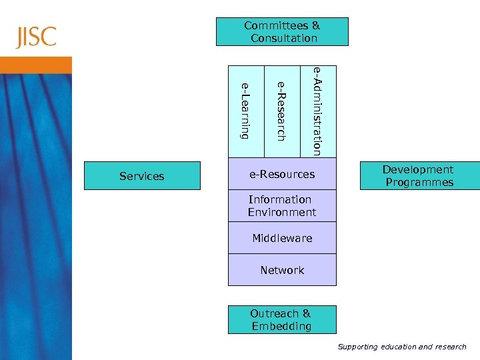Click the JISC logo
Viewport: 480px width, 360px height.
coord(37,37)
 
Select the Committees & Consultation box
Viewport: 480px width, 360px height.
coord(282,31)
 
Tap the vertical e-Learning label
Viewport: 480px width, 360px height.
coord(245,111)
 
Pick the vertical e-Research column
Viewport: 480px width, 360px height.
coord(282,111)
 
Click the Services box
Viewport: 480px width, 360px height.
coord(141,176)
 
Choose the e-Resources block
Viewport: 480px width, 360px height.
coord(282,175)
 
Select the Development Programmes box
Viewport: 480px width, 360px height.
coord(419,176)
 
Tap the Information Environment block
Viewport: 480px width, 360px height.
coord(282,206)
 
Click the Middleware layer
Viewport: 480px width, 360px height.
coord(282,238)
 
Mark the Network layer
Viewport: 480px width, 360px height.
coord(282,270)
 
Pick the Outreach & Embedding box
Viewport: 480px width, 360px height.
coord(282,320)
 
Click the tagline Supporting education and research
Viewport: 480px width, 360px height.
coord(402,347)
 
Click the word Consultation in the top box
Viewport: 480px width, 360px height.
coord(284,39)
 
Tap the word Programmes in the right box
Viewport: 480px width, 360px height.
coord(419,183)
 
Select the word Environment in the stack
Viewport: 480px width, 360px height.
coord(282,213)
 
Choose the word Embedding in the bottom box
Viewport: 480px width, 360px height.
coord(281,327)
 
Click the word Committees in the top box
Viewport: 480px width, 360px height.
coord(275,25)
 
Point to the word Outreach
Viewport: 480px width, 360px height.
coord(274,313)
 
